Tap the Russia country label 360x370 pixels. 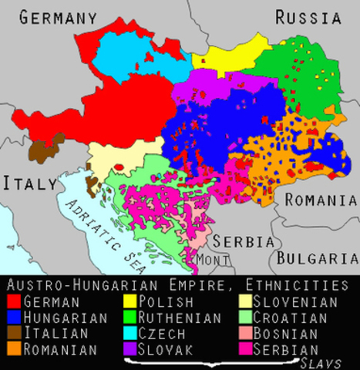(x=308, y=17)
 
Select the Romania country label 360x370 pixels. (x=321, y=200)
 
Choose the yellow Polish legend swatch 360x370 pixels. (x=130, y=301)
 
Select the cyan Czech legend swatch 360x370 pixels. (x=130, y=334)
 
